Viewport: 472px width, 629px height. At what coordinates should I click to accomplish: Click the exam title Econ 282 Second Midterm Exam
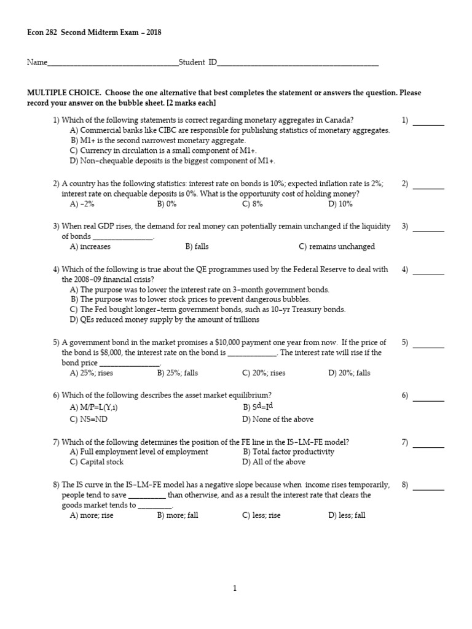94,32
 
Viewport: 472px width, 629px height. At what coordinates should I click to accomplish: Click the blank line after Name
112,63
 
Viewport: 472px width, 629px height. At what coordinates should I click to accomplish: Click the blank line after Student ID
298,63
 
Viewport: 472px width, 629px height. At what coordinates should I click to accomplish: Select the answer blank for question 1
428,121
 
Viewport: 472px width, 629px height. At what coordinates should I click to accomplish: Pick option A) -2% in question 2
82,204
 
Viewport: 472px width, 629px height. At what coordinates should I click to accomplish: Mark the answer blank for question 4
428,270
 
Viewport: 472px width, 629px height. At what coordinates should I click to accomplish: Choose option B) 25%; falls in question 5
177,373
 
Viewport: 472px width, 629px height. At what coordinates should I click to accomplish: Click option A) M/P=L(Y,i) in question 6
93,407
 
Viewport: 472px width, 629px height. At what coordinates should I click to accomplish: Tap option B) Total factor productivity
288,451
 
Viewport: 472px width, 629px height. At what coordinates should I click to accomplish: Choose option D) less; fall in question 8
347,515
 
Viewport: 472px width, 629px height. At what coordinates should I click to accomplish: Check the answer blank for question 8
428,485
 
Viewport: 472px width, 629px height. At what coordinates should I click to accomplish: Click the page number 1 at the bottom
235,588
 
